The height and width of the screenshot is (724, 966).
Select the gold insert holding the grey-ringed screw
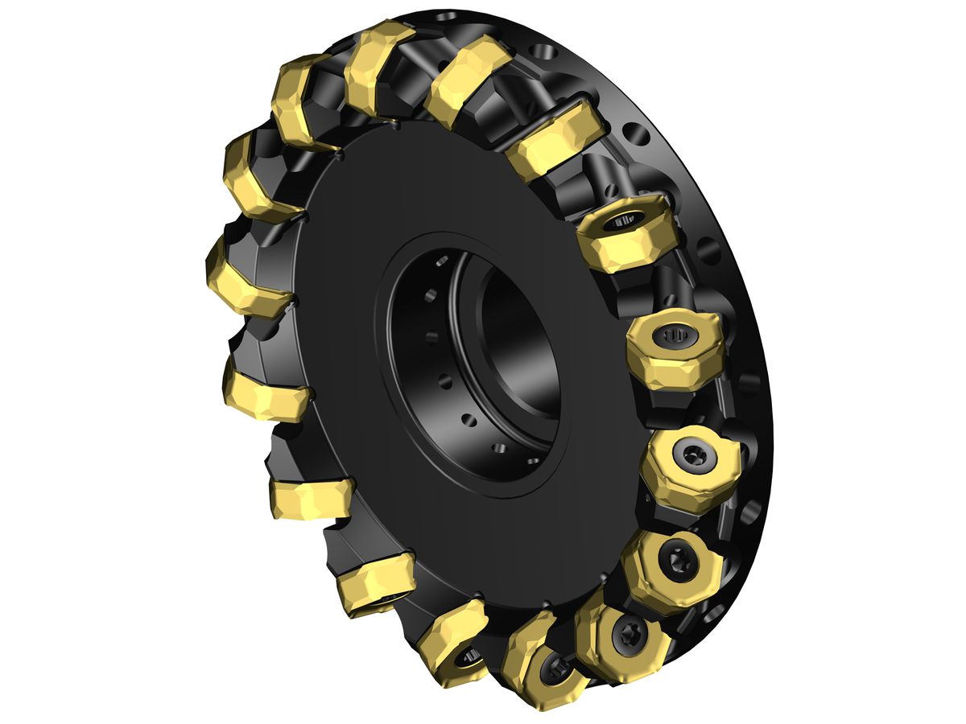pos(684,467)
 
